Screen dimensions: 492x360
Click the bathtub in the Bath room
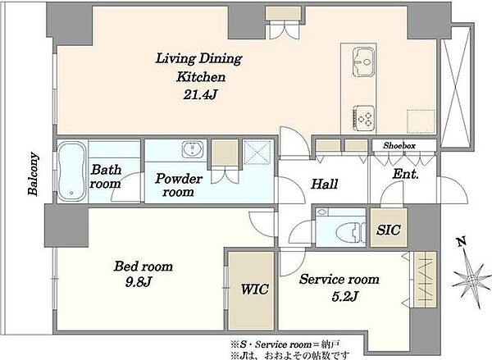click(71, 171)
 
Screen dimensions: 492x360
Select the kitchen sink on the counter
click(363, 62)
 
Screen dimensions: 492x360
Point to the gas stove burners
click(364, 118)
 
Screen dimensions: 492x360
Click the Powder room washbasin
click(193, 149)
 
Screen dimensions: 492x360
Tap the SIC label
click(389, 230)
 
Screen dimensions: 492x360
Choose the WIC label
click(254, 289)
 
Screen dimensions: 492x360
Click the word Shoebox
click(399, 146)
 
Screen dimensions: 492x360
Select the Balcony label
click(34, 174)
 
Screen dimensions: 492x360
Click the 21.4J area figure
click(200, 94)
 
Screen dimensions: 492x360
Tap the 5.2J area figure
click(345, 296)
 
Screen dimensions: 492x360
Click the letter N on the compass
click(461, 242)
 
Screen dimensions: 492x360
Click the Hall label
click(325, 185)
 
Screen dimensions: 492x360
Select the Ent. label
click(406, 175)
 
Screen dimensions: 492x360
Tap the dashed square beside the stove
click(421, 122)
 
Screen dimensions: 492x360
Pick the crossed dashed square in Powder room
click(257, 153)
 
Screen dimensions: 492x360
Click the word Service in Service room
click(319, 280)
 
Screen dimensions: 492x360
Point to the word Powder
click(179, 179)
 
